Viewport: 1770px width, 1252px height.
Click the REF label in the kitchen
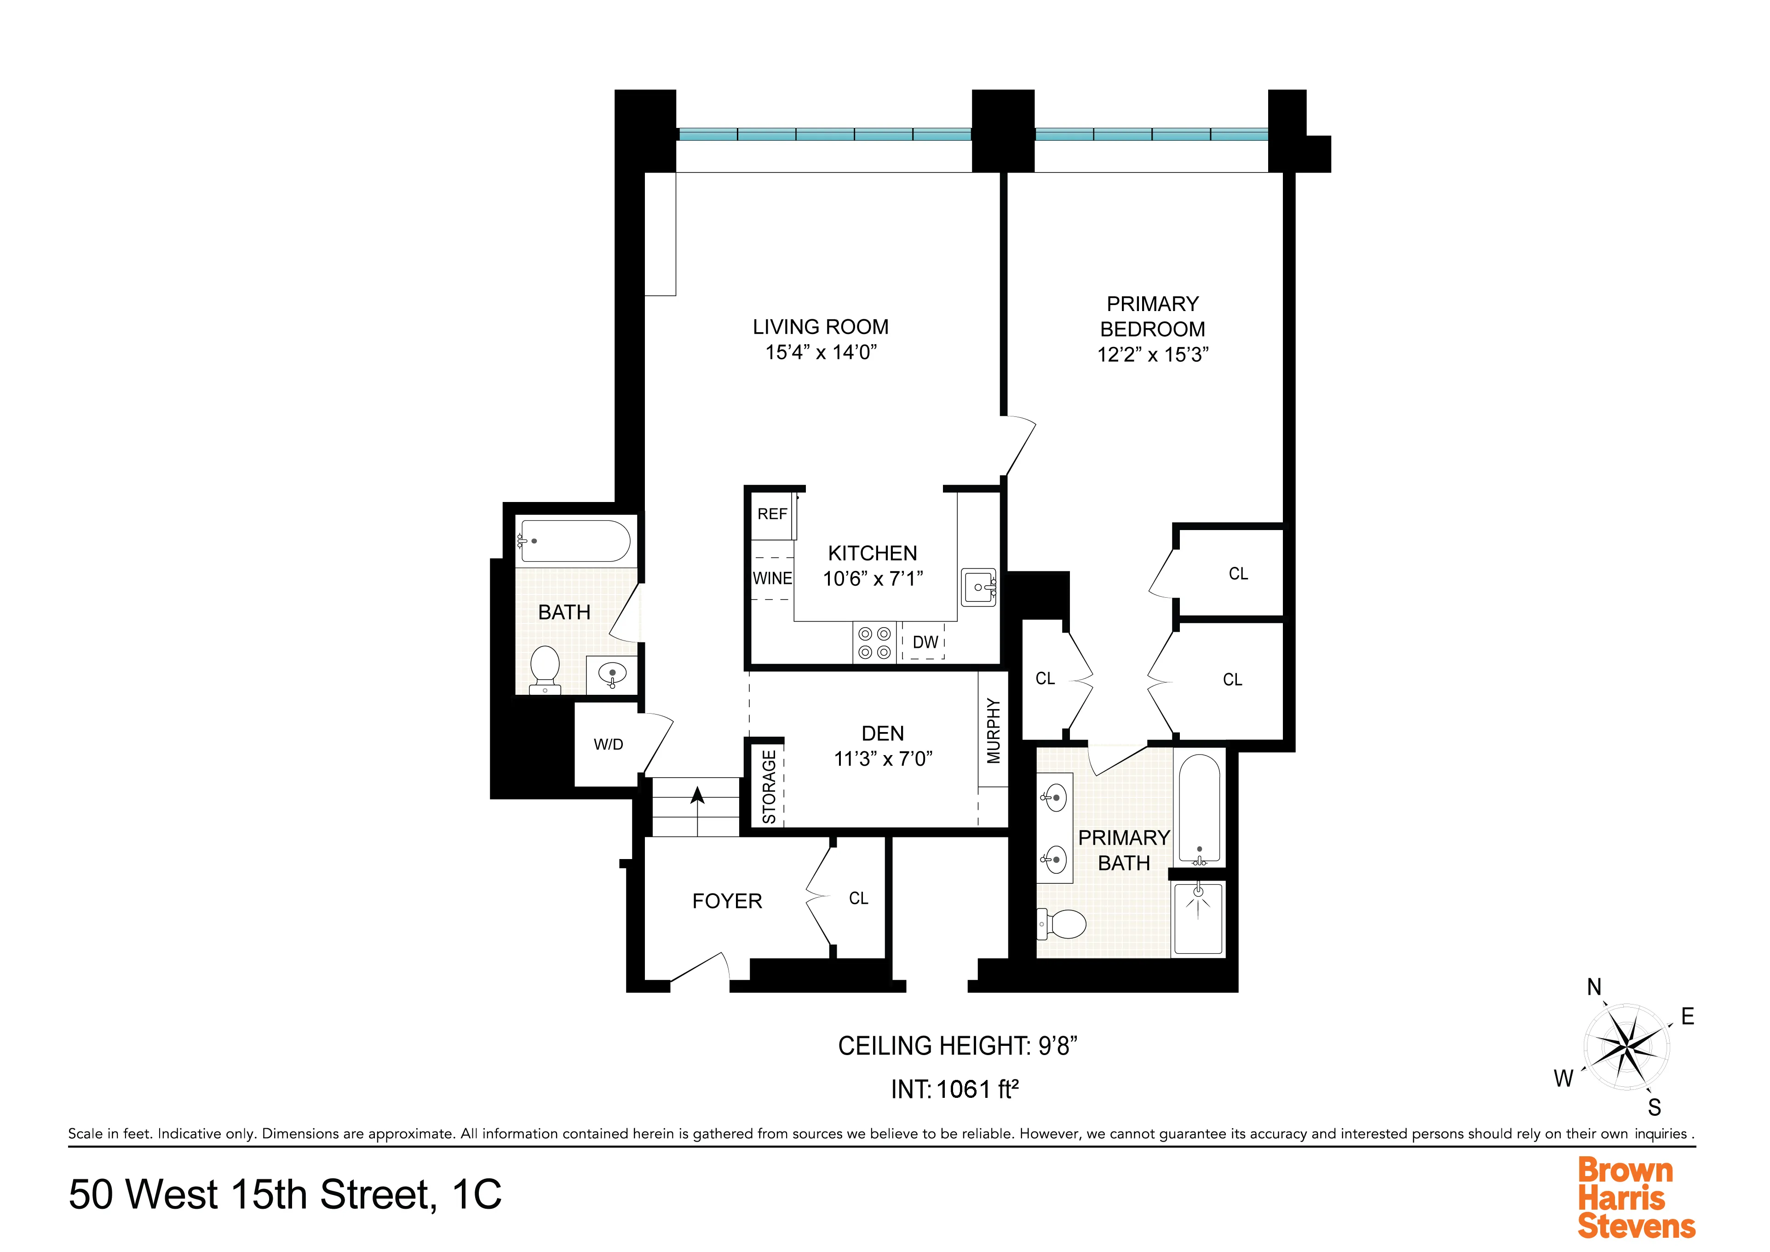click(772, 514)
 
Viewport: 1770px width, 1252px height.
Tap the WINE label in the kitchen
click(772, 578)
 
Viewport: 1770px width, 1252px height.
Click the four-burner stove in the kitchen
click(874, 643)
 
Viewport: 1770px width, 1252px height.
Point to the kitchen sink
click(979, 588)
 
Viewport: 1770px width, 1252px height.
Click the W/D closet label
click(608, 745)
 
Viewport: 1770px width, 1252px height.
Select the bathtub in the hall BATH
click(575, 541)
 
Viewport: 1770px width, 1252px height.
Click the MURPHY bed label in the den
click(993, 731)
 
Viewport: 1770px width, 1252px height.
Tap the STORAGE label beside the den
click(769, 786)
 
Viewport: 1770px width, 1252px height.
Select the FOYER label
click(726, 901)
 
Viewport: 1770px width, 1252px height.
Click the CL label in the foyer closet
click(858, 898)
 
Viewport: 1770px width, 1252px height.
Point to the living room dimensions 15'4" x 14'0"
click(820, 352)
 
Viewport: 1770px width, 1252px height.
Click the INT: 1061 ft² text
click(954, 1089)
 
